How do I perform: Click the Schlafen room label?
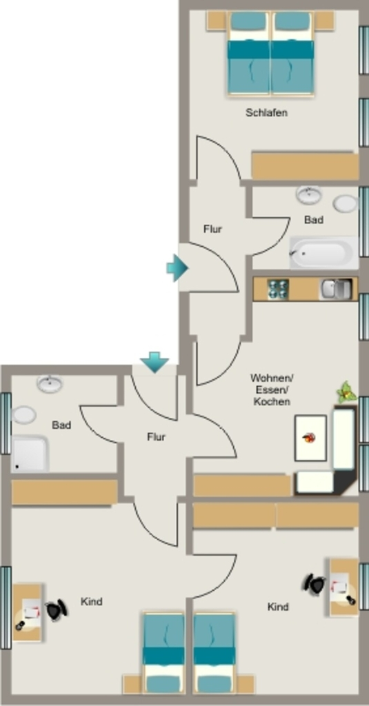point(266,112)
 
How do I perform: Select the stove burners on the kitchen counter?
point(278,289)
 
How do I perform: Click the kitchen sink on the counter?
point(336,289)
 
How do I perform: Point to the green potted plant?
point(346,392)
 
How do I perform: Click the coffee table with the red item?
point(310,438)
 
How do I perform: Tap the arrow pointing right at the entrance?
point(177,268)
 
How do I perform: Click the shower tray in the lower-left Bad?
point(30,454)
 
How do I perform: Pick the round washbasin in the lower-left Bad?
point(50,384)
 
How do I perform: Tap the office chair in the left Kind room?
point(57,610)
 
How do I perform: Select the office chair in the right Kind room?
point(314,584)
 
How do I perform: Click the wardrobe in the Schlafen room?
point(305,166)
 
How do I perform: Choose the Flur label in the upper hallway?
point(212,229)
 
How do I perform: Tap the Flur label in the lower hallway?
point(157,436)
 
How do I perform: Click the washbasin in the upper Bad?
point(309,194)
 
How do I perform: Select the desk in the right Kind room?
point(343,587)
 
